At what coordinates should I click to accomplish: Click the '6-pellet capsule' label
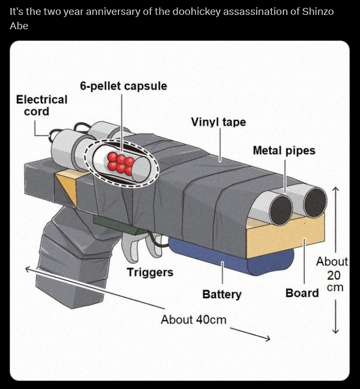123,86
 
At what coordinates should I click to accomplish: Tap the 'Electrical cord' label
41,105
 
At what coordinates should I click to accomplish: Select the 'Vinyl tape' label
218,122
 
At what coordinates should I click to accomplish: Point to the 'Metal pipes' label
284,150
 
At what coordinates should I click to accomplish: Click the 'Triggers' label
150,272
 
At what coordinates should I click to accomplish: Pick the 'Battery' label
221,294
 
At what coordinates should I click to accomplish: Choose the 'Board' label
302,293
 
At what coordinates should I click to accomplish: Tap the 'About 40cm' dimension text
193,319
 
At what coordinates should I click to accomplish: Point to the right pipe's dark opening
314,203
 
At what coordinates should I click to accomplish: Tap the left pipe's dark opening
280,209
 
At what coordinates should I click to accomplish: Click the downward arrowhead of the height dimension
335,331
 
